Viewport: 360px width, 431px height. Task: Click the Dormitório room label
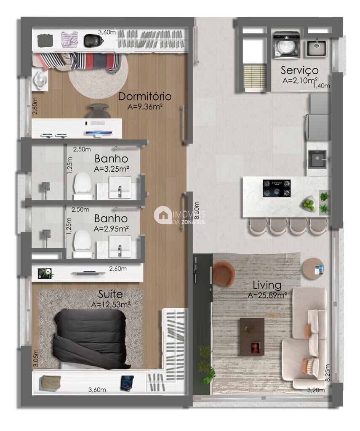tap(144, 96)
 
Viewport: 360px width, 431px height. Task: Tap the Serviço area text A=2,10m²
tap(300, 80)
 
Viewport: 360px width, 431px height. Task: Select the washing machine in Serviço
tap(286, 45)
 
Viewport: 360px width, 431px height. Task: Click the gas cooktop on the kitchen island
tap(277, 188)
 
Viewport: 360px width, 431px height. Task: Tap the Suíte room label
tap(111, 293)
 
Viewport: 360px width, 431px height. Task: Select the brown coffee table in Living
tap(252, 335)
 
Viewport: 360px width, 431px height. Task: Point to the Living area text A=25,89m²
tap(267, 295)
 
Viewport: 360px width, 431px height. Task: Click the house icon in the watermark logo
tap(162, 215)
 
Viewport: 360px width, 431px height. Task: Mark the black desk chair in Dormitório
tap(99, 111)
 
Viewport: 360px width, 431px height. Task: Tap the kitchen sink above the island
tap(317, 159)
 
